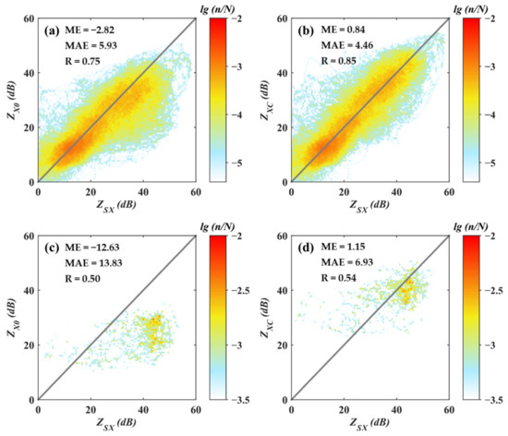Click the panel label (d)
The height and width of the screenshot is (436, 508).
click(x=302, y=247)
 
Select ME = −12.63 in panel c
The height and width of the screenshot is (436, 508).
click(x=95, y=247)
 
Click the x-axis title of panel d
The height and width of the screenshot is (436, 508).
click(x=370, y=426)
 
